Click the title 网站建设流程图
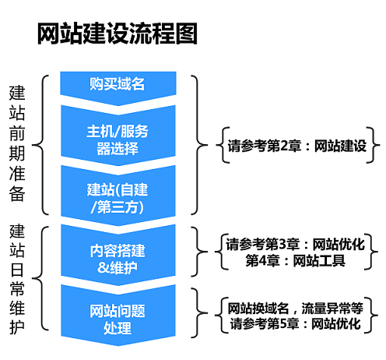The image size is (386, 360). coord(117,34)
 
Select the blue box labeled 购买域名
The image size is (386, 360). coord(117,84)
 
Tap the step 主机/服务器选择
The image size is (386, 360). coord(117,140)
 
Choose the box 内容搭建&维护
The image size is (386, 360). coord(117,257)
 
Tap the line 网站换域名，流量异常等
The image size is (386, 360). coord(296,308)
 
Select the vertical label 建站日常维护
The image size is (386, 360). coord(17,279)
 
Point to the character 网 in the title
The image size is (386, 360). coord(48,34)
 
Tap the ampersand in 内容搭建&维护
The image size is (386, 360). coord(104,266)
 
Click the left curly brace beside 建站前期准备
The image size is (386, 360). coord(44,144)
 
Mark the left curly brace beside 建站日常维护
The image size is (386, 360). coord(44,279)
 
